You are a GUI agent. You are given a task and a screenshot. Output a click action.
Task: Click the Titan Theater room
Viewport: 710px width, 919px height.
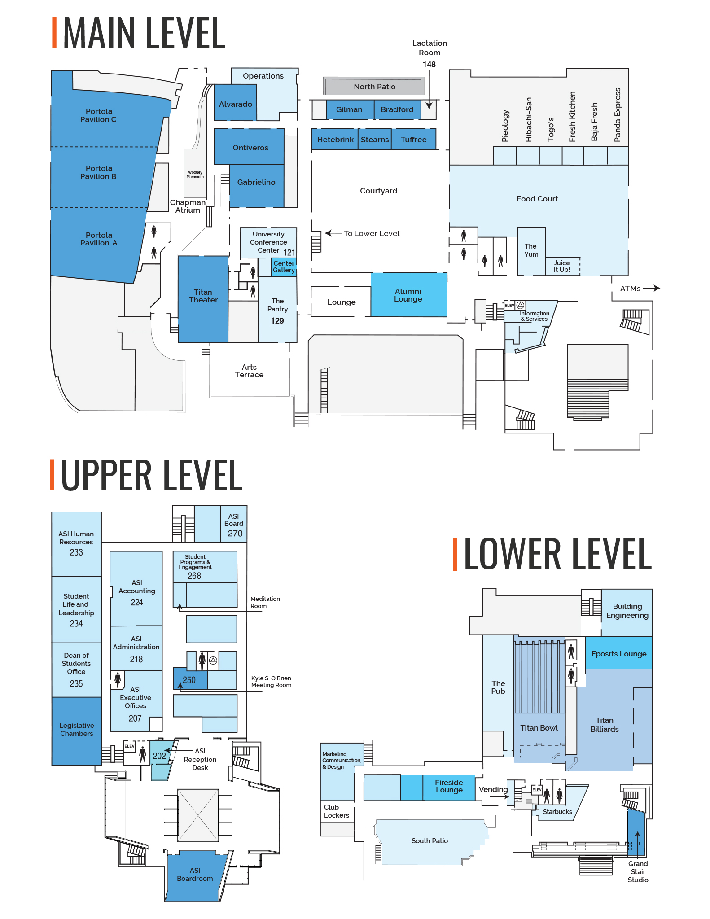pos(203,299)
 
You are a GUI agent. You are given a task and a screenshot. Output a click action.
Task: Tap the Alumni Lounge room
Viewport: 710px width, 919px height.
pos(408,295)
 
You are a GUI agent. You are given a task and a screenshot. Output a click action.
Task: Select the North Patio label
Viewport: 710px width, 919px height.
pos(374,87)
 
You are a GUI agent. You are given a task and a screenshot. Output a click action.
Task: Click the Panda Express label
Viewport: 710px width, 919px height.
pos(618,115)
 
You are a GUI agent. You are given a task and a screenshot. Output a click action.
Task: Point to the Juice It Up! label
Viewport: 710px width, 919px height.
pos(562,266)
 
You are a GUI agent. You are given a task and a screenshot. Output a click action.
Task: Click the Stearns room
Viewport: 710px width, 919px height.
pos(375,139)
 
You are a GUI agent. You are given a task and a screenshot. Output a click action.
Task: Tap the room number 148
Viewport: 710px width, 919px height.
pos(429,65)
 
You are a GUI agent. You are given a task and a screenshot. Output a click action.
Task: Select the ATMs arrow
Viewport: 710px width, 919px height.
pos(652,288)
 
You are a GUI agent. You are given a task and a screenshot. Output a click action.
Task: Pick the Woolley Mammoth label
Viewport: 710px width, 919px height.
pos(195,174)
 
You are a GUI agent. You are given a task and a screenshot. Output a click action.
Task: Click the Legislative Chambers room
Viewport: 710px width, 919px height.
pos(77,731)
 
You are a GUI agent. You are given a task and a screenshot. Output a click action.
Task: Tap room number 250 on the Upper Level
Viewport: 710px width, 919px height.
pos(189,680)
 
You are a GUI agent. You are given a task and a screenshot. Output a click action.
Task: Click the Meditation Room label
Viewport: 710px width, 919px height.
pos(265,602)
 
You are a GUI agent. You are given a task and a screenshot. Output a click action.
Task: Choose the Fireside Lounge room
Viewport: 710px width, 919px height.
pos(448,788)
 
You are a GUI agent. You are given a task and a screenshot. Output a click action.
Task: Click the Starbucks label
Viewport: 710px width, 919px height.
pos(557,811)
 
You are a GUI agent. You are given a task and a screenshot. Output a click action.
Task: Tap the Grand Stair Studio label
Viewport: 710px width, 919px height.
pos(638,871)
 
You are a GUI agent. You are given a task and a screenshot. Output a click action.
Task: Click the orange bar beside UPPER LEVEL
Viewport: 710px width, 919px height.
pos(52,475)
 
